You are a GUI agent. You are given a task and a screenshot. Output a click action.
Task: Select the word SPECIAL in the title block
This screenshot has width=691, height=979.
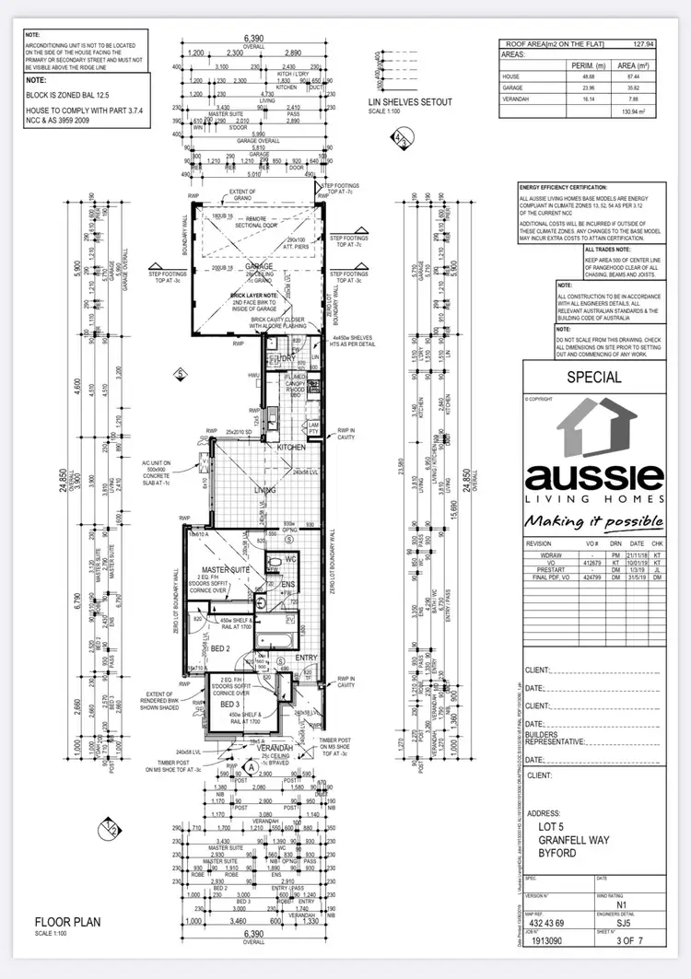(593, 377)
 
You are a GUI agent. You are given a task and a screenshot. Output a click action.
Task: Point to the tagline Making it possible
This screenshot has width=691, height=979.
(593, 521)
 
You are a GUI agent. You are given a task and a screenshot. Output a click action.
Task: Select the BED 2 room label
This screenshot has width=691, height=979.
(220, 648)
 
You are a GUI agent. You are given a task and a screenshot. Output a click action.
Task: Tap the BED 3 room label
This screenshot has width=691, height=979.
(230, 705)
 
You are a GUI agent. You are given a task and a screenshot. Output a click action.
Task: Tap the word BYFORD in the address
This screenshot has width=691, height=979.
(558, 853)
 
